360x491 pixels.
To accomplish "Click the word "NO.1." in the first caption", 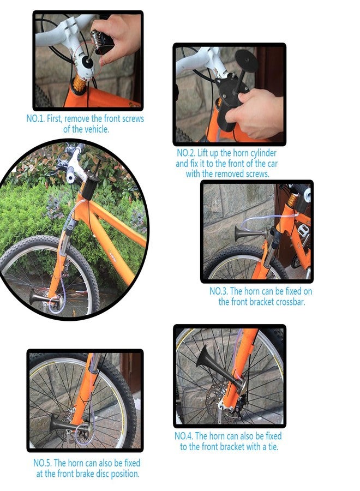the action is coord(35,119).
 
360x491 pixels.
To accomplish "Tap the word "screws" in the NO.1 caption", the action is coord(133,119).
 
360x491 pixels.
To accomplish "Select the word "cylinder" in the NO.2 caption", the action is coord(261,153).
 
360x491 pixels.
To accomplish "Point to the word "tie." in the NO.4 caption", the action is coord(272,446).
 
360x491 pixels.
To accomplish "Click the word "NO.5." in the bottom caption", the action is coord(43,463).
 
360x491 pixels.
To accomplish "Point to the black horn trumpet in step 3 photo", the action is coord(250,233).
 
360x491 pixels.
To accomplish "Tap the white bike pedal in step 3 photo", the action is coord(302,229).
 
